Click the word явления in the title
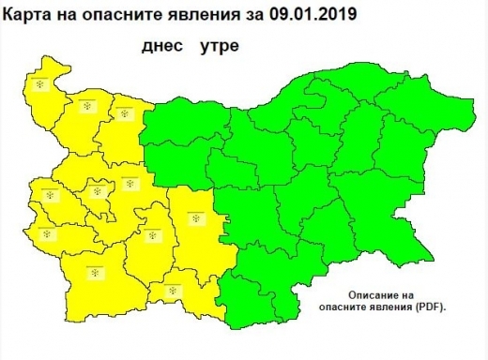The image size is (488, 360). tap(203, 16)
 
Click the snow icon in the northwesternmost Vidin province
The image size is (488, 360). tap(41, 84)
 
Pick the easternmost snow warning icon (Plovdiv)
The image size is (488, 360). tap(195, 218)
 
